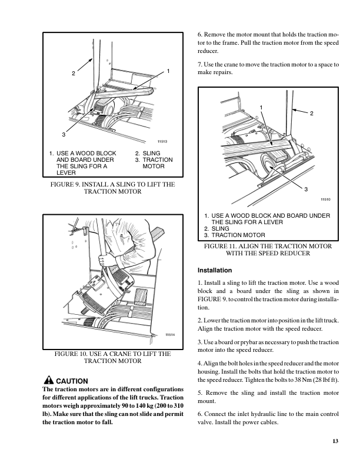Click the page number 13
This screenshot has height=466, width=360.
coord(335,441)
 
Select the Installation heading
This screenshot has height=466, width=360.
coord(215,271)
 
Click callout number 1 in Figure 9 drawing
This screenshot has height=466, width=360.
coord(168,71)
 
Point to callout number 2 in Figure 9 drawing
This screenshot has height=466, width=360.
coord(74,74)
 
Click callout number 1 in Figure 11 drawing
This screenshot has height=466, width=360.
coord(260,106)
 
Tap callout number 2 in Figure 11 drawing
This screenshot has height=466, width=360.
coord(313,112)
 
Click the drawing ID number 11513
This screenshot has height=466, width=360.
coord(163,142)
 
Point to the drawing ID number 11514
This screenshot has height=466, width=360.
coord(171,335)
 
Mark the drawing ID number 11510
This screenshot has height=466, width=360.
coord(325,199)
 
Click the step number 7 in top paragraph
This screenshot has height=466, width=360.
coord(200,64)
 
